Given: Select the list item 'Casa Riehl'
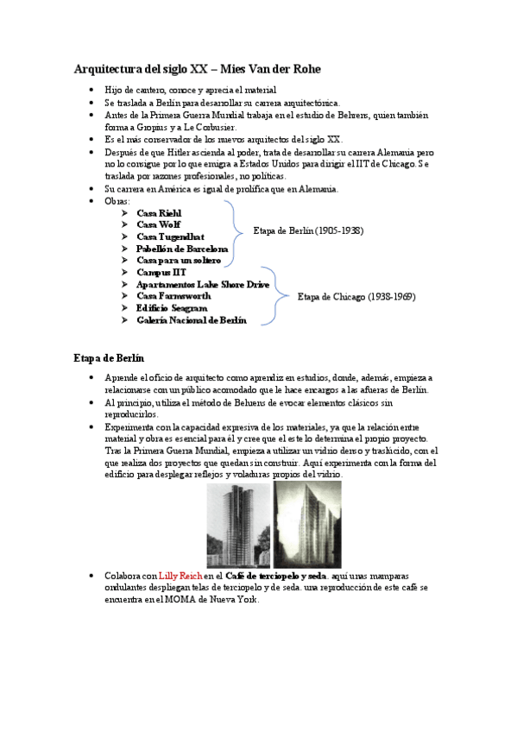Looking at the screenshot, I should point(160,212).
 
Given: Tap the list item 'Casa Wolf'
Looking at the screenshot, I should point(159,224).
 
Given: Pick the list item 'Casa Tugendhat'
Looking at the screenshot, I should point(171,237).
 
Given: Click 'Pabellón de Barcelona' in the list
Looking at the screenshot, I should point(182,249).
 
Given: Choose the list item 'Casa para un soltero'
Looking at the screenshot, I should point(179,260).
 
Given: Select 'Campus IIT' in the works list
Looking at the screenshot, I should point(161,272).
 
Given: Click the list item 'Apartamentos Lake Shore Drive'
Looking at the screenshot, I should point(203,284).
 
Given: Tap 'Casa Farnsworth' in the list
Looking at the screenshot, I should point(173,296).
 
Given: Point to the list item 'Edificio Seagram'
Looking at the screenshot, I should point(172,308).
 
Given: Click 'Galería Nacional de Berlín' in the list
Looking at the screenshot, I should point(192,320).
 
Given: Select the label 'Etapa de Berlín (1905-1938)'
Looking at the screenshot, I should point(308,231).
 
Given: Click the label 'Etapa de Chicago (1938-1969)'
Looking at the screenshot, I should point(356,297).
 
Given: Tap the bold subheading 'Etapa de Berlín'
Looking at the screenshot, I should point(109,357).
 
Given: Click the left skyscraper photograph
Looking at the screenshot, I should point(237,524).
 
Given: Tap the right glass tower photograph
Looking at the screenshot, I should point(306,524).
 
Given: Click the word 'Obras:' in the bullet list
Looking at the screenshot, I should point(117,201).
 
